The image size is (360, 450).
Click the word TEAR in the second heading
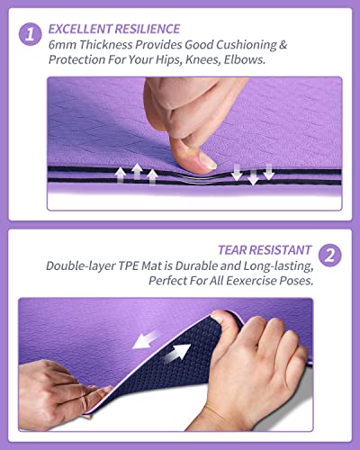233,249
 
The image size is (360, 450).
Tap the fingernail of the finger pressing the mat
206,161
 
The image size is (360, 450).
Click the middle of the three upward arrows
137,171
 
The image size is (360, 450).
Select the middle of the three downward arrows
253,174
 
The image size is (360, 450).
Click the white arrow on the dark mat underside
179,354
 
